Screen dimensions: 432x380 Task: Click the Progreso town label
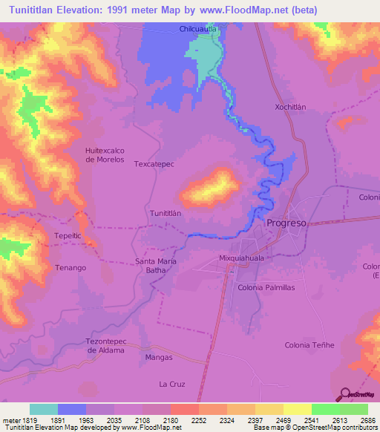[286, 223]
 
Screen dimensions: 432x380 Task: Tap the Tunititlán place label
[166, 213]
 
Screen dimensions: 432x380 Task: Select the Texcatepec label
[154, 164]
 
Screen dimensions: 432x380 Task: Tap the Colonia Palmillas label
[266, 287]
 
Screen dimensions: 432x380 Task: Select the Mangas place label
[159, 357]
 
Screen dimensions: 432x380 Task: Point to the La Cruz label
[171, 384]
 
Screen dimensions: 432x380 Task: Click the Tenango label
[71, 267]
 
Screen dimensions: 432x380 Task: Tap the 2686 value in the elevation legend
[367, 420]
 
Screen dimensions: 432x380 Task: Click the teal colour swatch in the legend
[44, 409]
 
